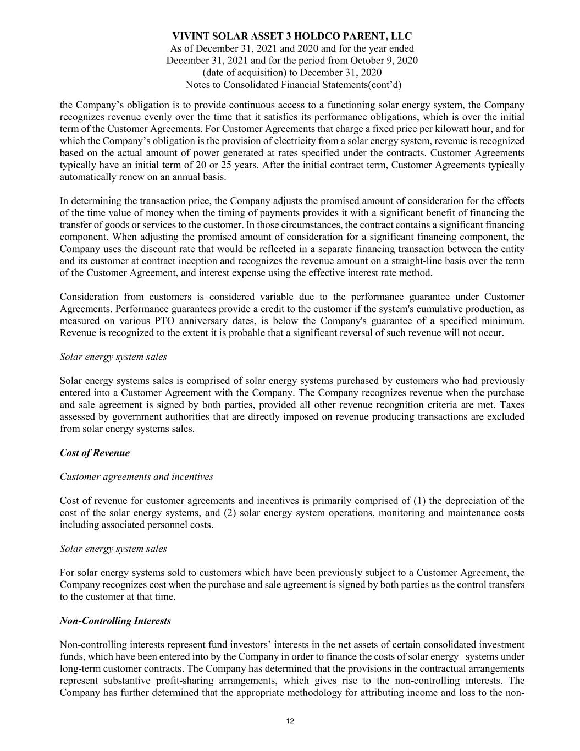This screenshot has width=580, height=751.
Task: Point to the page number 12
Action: (x=290, y=722)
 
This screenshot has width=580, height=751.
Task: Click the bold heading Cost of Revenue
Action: (x=95, y=453)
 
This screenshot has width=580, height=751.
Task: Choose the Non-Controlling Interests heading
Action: (x=115, y=621)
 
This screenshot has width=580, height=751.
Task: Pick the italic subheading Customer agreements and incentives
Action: (x=136, y=476)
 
